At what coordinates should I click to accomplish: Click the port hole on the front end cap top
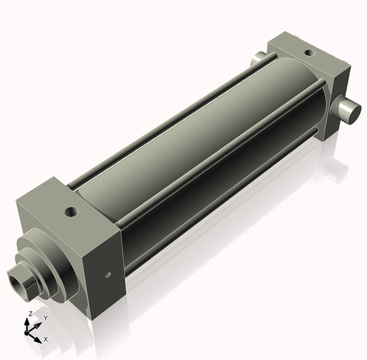click(73, 213)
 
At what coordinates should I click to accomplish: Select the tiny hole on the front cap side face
click(108, 275)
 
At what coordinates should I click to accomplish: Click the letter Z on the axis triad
click(30, 313)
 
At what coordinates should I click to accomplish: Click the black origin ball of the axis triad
click(27, 332)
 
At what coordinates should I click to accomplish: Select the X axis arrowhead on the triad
click(37, 338)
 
